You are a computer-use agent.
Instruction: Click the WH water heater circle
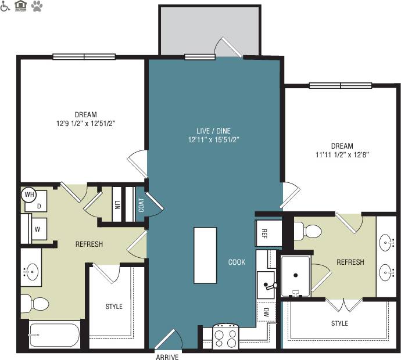point(29,195)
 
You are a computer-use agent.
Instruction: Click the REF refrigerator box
point(264,233)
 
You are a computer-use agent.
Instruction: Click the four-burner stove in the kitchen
point(225,337)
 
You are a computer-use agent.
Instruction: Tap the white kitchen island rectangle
point(205,255)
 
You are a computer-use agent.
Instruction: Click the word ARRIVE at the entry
point(167,357)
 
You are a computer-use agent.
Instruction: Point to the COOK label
point(237,262)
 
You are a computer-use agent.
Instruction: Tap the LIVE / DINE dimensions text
point(214,140)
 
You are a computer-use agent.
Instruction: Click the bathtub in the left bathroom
point(53,335)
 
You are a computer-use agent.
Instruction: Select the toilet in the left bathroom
point(35,303)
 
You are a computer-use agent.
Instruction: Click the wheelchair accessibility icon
point(6,6)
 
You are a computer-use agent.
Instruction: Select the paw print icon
point(37,6)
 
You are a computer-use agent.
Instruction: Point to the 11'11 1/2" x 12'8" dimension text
point(342,155)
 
